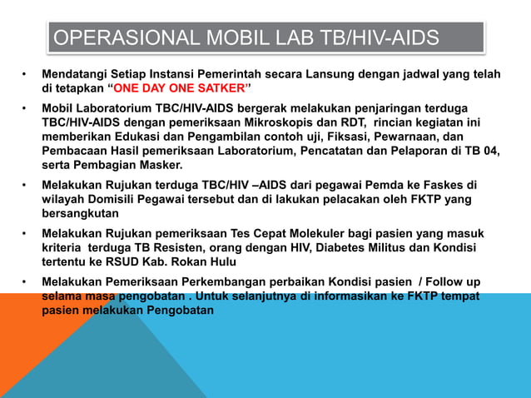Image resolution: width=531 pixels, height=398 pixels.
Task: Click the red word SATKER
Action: [x=221, y=89]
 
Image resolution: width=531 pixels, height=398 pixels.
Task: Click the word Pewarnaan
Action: [x=420, y=137]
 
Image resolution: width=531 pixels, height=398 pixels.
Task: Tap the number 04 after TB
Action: [x=490, y=152]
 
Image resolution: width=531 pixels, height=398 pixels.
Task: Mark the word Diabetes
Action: [x=335, y=248]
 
